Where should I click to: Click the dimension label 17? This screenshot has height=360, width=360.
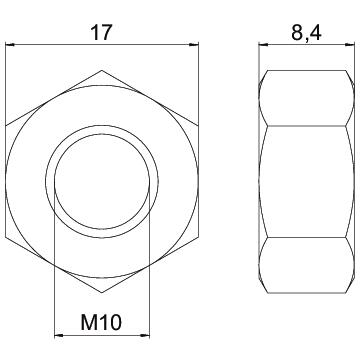[x=100, y=32]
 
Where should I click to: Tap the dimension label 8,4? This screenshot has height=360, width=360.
[x=306, y=33]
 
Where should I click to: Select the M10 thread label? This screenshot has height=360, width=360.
[x=102, y=322]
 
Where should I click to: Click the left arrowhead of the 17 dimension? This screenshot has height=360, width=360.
[x=10, y=45]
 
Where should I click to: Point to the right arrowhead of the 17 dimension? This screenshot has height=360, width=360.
[x=194, y=45]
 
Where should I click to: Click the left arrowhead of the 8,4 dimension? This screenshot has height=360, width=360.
[x=263, y=44]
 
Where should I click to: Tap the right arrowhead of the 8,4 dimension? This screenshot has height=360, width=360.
[x=350, y=44]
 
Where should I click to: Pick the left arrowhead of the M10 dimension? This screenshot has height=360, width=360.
[x=59, y=335]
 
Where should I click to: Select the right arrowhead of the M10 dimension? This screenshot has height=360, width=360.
[x=145, y=335]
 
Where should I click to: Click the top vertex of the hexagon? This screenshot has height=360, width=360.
[x=102, y=70]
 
